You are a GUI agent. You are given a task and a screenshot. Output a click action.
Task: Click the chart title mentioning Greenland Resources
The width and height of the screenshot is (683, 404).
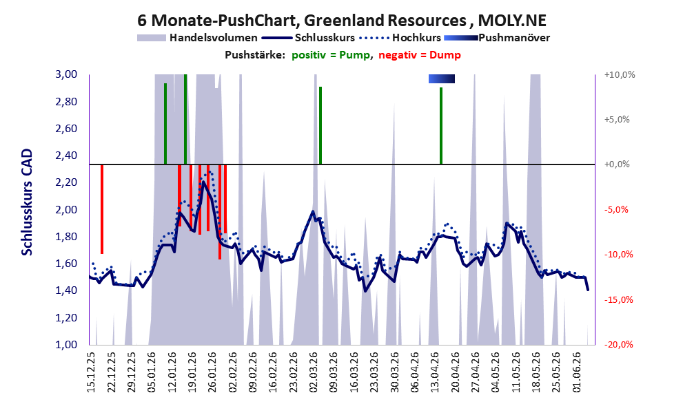[342, 20]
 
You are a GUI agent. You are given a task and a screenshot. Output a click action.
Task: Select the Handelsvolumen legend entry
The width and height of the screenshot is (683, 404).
[197, 38]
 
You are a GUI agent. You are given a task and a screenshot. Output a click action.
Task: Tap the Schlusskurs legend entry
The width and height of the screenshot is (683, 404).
[308, 38]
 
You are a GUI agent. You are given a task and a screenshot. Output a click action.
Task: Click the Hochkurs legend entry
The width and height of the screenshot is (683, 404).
[400, 38]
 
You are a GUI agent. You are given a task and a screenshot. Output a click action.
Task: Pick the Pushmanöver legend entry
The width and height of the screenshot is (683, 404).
[497, 38]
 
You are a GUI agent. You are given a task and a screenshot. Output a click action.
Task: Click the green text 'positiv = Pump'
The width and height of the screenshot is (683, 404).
[331, 55]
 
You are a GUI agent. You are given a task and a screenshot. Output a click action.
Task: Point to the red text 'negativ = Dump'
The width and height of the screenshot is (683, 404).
[420, 55]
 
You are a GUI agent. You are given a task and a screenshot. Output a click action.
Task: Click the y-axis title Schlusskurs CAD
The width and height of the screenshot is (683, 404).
[27, 202]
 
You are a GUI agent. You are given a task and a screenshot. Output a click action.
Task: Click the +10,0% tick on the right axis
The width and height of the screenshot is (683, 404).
[620, 75]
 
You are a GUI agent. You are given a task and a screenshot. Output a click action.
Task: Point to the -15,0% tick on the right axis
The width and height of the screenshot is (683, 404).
[618, 299]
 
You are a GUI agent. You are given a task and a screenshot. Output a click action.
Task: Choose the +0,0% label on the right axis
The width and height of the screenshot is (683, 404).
[617, 164]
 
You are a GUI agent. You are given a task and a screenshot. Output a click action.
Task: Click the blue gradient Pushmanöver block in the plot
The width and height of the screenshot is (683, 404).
[442, 78]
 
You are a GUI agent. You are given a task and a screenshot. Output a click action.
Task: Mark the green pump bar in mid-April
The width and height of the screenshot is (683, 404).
[441, 126]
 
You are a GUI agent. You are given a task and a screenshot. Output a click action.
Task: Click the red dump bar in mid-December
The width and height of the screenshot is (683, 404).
[102, 209]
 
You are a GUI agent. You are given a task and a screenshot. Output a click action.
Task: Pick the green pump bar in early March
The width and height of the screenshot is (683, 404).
[320, 126]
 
